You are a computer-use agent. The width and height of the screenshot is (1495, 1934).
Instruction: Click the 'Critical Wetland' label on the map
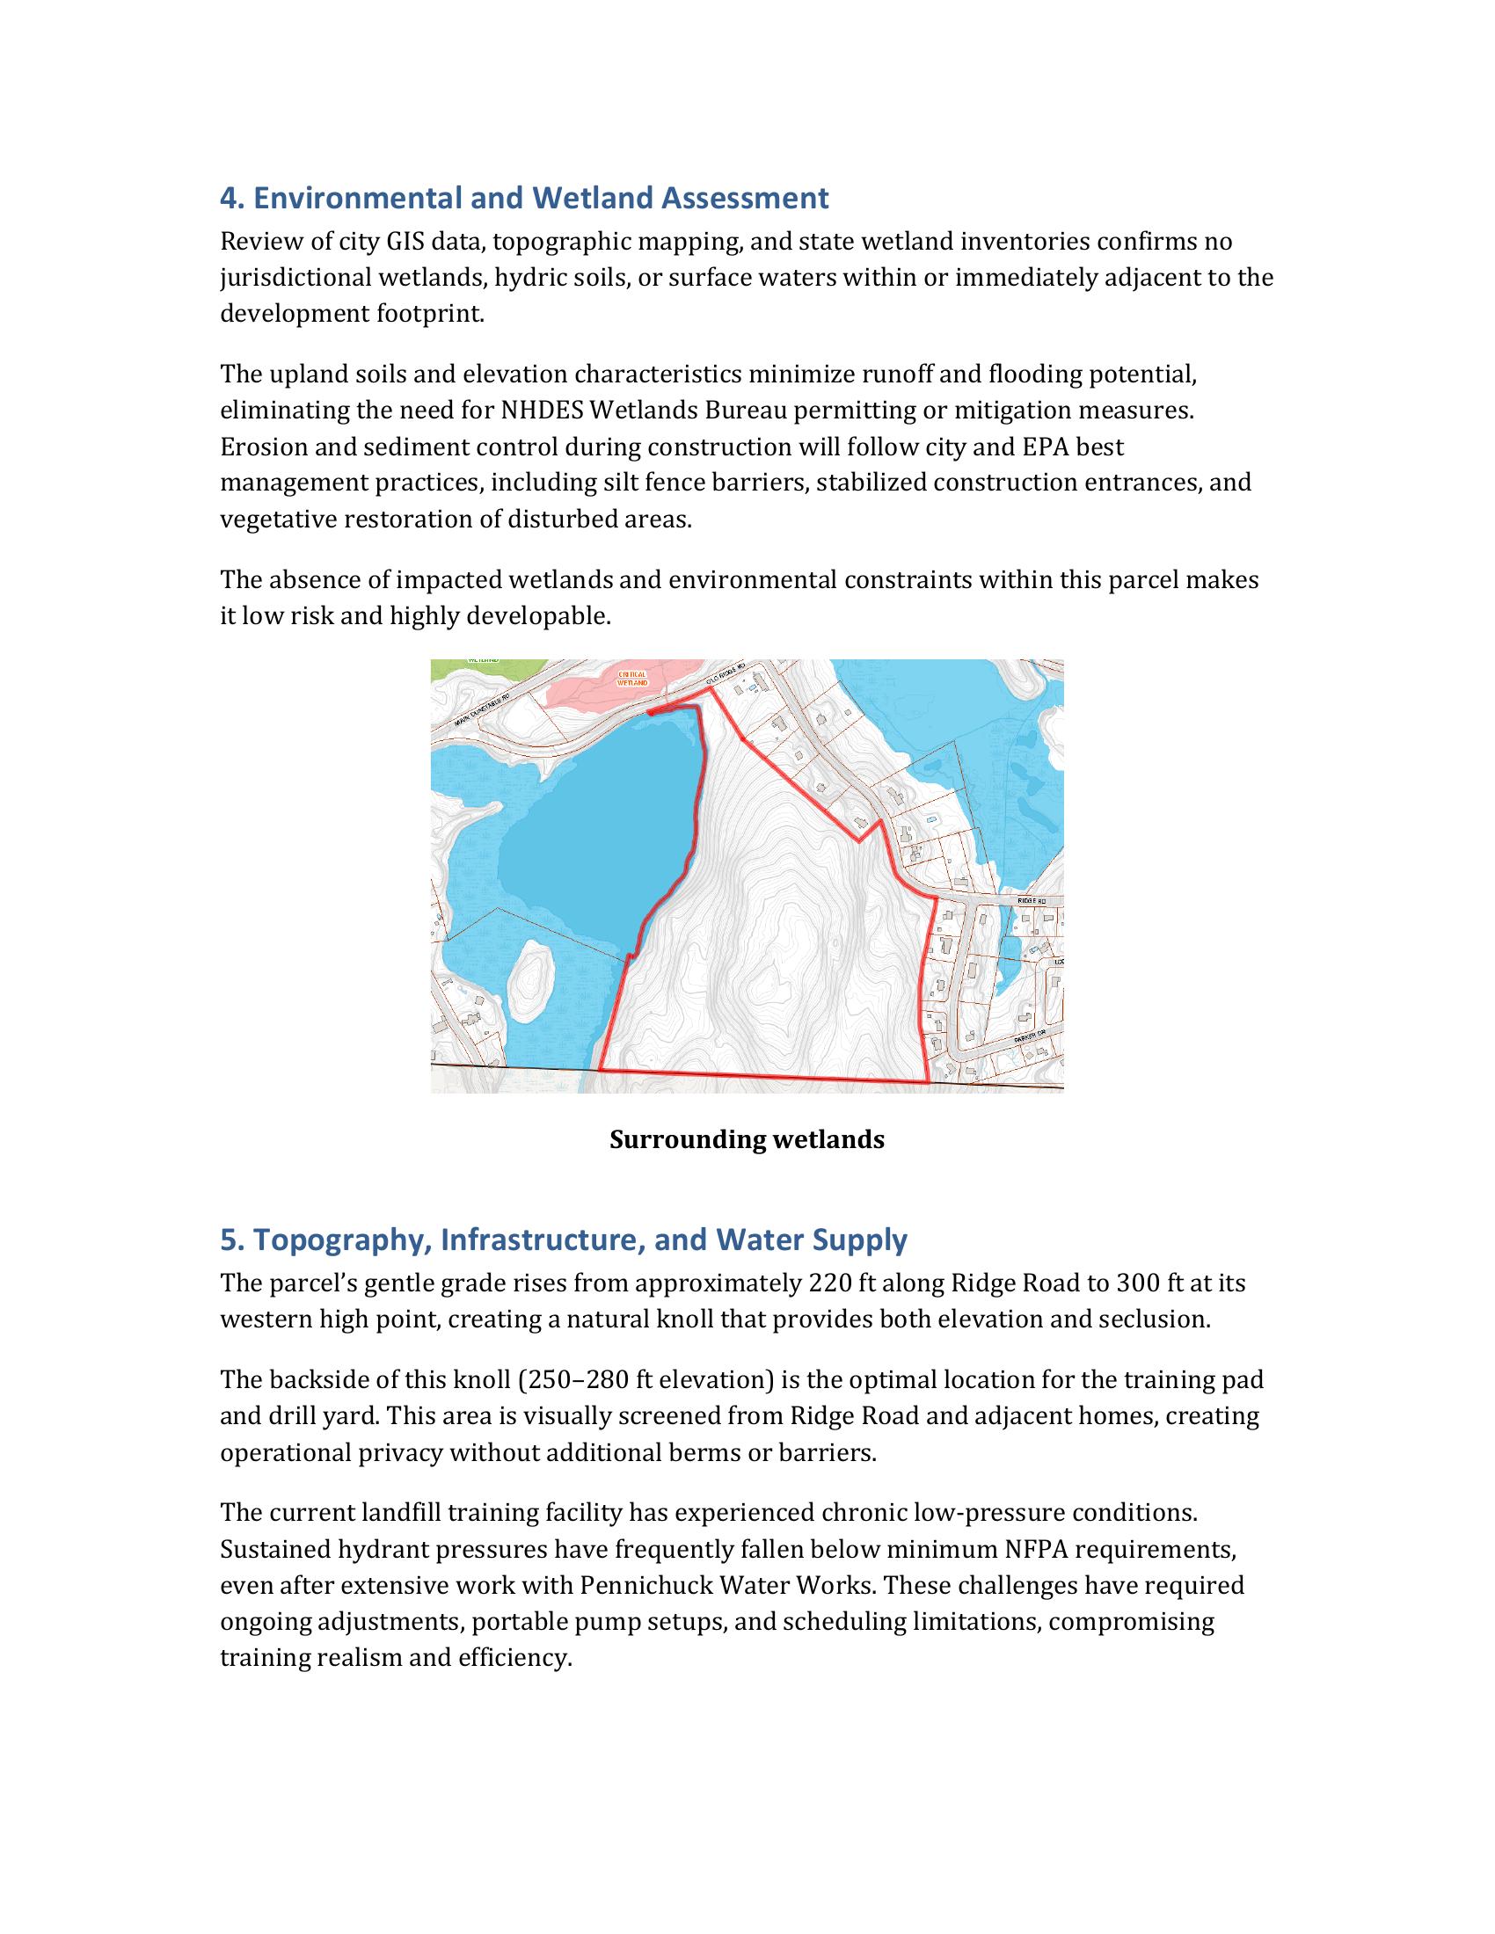[x=633, y=679]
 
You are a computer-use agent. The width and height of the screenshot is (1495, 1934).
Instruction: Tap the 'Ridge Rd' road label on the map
[x=1032, y=899]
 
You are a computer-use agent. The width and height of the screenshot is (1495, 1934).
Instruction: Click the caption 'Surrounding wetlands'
[x=747, y=1138]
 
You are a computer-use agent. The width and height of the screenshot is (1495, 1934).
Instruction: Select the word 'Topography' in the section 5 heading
[x=339, y=1240]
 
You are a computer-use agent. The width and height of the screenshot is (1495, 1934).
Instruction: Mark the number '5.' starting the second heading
[x=232, y=1240]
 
